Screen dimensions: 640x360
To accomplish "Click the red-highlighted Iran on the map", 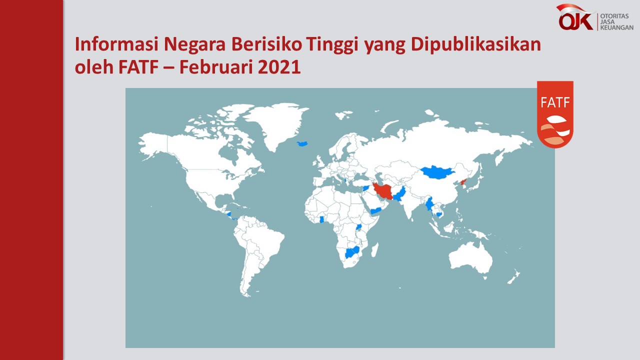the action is click(x=382, y=191).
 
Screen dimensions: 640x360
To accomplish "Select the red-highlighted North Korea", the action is click(x=463, y=182).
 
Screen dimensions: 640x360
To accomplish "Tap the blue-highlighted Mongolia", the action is click(x=437, y=172).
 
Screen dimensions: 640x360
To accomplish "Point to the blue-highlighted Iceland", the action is click(x=302, y=143).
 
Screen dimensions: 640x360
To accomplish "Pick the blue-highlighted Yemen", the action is click(x=375, y=211).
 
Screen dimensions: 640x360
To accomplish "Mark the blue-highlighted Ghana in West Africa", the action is click(x=321, y=219).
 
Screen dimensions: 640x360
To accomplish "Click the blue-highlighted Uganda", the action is click(x=358, y=227).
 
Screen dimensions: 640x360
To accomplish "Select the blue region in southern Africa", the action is click(x=352, y=252).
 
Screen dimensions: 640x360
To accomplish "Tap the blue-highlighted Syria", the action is click(x=366, y=188).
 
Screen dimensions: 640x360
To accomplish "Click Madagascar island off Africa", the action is click(x=375, y=249).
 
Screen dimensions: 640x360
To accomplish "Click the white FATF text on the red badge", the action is click(x=555, y=102).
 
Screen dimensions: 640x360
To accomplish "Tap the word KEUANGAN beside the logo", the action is click(x=616, y=27).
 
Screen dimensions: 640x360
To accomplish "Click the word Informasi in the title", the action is click(x=116, y=44).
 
